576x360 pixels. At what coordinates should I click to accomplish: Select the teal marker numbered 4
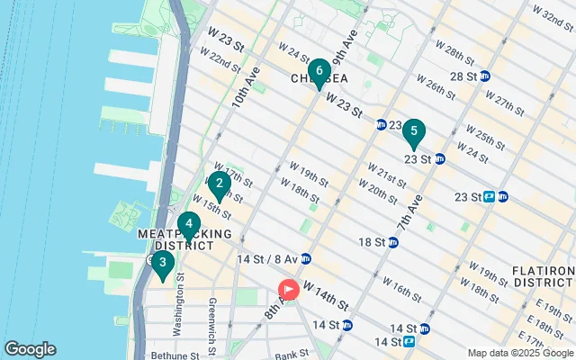[188, 225]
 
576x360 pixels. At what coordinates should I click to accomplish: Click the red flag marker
[289, 290]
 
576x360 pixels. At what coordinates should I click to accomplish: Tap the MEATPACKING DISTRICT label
[176, 238]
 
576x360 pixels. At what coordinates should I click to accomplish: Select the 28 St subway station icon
[485, 76]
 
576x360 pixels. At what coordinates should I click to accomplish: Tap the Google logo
[30, 349]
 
